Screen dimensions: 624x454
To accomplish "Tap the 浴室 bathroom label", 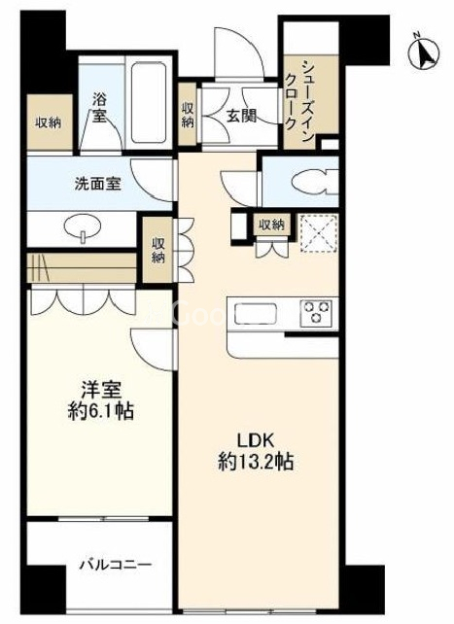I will (99, 107).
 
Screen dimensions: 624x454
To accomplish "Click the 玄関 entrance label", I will (241, 115).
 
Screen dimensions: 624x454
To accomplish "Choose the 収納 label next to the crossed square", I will (271, 225).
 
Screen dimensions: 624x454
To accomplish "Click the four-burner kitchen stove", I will (317, 313).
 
